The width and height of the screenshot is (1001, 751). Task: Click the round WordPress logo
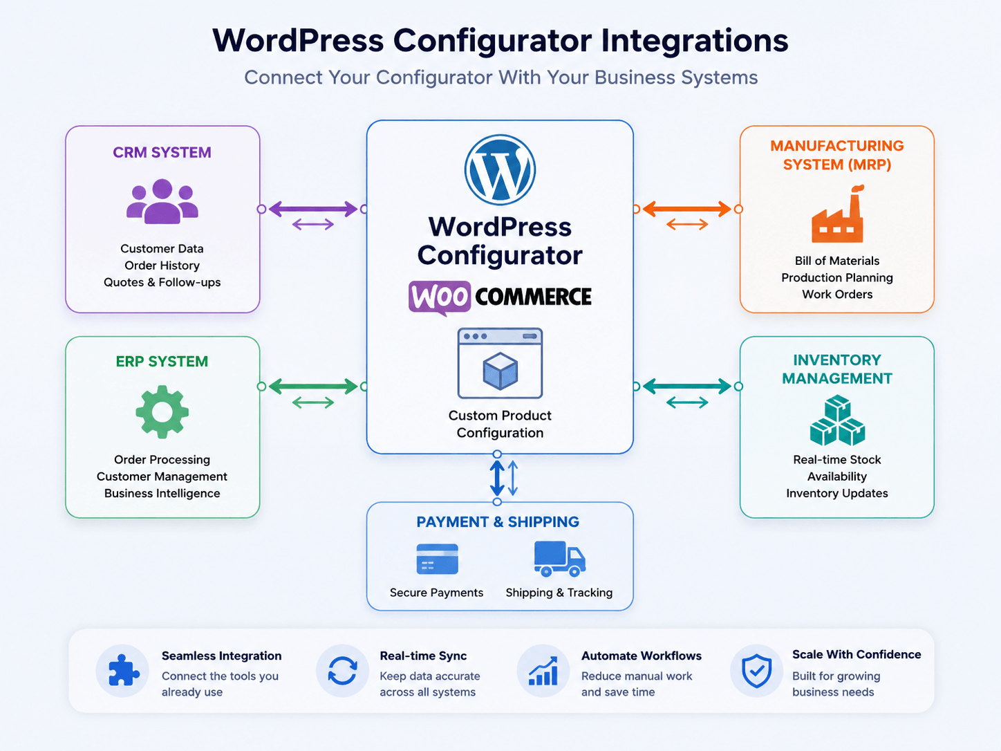point(500,169)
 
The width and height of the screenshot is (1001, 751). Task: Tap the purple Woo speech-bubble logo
point(439,298)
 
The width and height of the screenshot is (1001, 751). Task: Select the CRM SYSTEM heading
point(162,152)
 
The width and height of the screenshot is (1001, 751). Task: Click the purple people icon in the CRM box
point(162,201)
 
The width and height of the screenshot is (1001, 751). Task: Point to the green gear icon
point(162,411)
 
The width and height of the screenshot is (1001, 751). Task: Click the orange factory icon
point(837,214)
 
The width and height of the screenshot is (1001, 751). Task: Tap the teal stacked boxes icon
point(837,420)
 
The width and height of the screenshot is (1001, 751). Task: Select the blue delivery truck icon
point(559,559)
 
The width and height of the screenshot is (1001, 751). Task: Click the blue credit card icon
point(437,559)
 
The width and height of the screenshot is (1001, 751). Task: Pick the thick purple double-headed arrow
point(313,210)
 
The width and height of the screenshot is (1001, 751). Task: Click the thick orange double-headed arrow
point(686,210)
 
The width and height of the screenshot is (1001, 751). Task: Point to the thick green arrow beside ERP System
point(313,387)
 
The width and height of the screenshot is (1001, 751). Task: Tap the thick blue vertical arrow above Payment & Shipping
point(497,478)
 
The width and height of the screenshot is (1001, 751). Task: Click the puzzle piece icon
point(123,670)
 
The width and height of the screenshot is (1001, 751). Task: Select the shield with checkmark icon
point(756,671)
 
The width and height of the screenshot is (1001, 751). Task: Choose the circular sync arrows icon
point(342,671)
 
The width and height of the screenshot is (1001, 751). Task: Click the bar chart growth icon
point(543,671)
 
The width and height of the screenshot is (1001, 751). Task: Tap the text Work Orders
point(837,295)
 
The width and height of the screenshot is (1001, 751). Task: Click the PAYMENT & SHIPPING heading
point(498,522)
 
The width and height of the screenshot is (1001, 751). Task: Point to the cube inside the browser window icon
point(501,371)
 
